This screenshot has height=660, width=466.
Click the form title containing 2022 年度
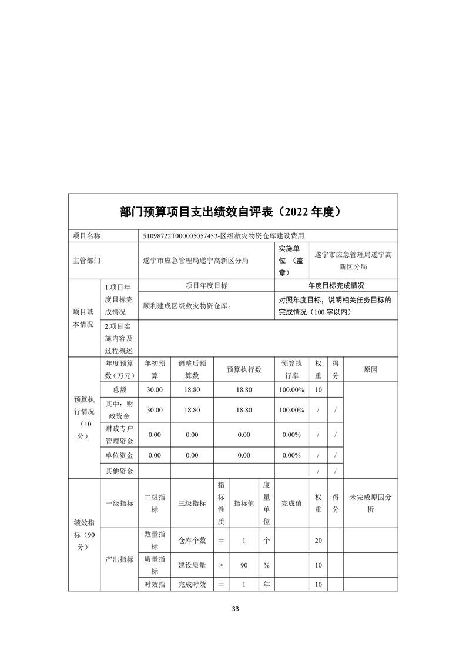coord(233,212)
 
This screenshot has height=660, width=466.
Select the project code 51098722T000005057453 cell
coord(232,236)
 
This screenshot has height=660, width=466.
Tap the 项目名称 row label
coord(87,236)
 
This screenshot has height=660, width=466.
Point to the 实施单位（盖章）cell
coord(291,260)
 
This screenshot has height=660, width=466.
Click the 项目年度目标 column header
coord(206,285)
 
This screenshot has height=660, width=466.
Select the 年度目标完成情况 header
coord(336,285)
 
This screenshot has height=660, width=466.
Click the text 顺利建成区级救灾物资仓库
coord(187,306)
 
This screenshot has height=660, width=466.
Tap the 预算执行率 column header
coord(291,369)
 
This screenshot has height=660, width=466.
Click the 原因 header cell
coord(370,369)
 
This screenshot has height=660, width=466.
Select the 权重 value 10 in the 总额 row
coord(318,389)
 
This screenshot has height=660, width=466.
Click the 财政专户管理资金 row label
coord(119,435)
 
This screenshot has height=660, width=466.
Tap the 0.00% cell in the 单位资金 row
coord(291,455)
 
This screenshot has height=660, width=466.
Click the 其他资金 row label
coord(119,471)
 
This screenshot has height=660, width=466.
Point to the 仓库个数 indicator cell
coord(192,540)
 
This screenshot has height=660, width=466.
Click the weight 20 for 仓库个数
coord(318,540)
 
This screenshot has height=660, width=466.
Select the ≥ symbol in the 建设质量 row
coord(221,565)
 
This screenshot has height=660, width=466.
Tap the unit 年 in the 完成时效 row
coord(266,585)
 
